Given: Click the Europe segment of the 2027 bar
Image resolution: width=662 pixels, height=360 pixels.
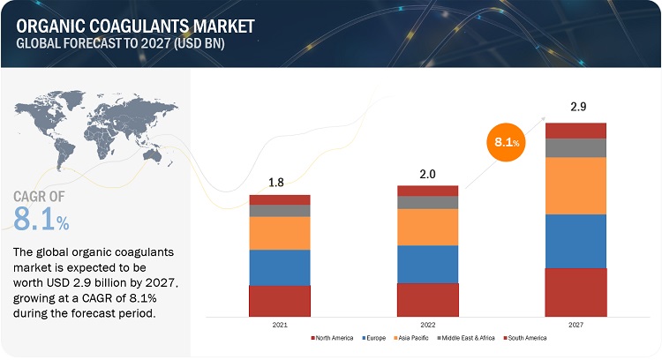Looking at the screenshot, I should coord(575,241).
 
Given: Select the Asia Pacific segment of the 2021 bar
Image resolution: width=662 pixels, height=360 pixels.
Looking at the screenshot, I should coord(280,233).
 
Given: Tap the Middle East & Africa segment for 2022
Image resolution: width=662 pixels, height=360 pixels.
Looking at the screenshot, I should coord(427,202).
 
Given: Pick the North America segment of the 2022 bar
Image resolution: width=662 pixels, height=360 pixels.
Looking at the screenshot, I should coord(427,299).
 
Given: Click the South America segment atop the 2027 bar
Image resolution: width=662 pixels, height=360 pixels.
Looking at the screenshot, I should coord(575,131).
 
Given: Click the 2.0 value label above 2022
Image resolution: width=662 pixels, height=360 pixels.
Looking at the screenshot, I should coord(428,174).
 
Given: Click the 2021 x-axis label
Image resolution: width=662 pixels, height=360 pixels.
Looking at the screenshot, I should coord(280,325).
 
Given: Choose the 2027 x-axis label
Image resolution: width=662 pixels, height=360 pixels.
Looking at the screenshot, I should coord(575,325).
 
